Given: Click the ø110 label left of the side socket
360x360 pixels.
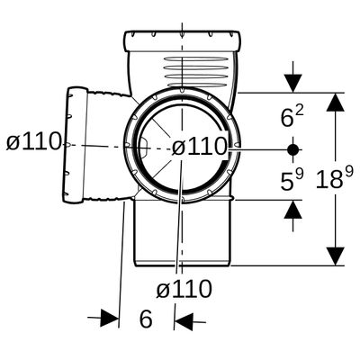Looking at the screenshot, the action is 34,142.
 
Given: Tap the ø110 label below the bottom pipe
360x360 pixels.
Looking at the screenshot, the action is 184,290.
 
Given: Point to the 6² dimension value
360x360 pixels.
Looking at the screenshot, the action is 292,116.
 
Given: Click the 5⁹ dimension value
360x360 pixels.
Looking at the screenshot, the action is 292,181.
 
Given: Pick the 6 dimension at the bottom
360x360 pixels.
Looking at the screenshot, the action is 146,319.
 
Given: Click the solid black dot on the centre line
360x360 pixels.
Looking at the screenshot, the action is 292,149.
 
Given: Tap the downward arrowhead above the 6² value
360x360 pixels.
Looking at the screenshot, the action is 292,84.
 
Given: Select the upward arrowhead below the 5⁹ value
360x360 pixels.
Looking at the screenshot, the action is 292,209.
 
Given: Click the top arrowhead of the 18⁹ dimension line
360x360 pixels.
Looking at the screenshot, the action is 336,102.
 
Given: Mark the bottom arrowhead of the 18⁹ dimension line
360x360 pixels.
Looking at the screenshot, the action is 336,256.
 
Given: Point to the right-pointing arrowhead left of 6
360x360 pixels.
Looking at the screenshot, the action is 110,318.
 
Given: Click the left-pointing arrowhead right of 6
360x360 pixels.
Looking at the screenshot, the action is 184,322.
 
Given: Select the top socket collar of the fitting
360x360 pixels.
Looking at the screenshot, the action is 183,40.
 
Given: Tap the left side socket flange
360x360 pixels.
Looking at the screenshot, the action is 75,145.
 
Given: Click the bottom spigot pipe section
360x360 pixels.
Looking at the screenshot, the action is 183,233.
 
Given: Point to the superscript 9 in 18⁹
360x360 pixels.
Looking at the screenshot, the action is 349,172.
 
